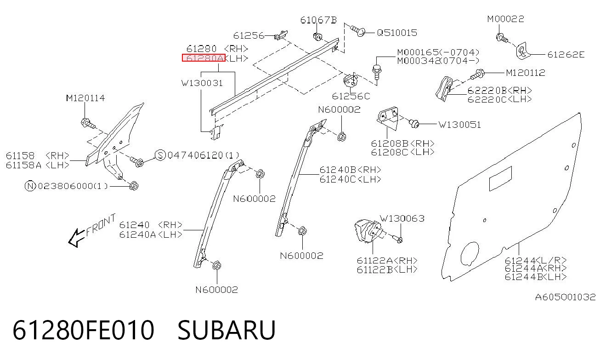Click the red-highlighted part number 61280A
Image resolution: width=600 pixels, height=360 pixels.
204,57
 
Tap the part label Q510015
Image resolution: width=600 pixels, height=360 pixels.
397,33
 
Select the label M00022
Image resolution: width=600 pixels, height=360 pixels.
506,19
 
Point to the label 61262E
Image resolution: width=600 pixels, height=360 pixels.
566,55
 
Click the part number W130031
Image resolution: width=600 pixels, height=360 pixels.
202,83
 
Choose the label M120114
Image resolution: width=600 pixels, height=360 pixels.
85,98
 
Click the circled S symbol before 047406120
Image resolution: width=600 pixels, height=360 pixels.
160,155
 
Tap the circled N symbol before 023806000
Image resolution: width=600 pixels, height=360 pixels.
30,186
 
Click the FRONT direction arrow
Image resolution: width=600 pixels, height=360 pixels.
77,238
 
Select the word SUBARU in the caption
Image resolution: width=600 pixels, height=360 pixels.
226,330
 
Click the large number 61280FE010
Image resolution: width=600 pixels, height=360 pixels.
83,330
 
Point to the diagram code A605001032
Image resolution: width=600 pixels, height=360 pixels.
565,297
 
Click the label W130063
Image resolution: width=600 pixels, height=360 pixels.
402,218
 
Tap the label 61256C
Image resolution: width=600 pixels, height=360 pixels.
351,96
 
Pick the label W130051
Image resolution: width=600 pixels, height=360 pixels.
459,125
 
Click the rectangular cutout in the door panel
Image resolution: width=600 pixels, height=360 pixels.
500,178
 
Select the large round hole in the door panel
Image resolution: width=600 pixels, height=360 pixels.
470,254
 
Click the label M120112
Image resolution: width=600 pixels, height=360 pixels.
526,73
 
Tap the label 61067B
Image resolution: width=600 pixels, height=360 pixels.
318,20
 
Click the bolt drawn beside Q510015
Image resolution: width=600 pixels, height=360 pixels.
358,30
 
